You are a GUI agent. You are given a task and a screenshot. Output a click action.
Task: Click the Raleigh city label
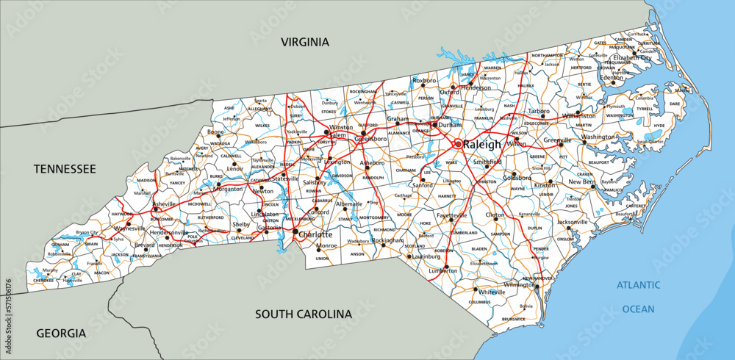[x=482, y=144]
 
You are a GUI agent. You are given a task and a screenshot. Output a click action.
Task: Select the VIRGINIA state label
[x=304, y=43]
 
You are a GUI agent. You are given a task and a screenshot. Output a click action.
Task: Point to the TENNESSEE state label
[x=65, y=169]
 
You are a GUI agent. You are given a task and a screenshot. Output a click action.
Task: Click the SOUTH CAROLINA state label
[x=304, y=314]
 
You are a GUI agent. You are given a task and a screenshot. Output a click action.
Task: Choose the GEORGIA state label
[x=61, y=333]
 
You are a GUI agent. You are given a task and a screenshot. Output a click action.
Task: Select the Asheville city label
[x=165, y=204]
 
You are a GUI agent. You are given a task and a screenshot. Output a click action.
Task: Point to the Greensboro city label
[x=370, y=138]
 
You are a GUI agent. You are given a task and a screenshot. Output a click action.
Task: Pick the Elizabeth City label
[x=632, y=57]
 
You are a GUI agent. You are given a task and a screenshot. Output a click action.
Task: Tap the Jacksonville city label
[x=572, y=221]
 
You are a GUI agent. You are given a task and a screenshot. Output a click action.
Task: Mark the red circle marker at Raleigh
[x=457, y=144]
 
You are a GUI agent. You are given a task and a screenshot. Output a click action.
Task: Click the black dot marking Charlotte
[x=295, y=233]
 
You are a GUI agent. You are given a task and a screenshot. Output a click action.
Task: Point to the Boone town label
[x=215, y=132]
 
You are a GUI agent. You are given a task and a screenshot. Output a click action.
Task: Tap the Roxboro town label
[x=424, y=80]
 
